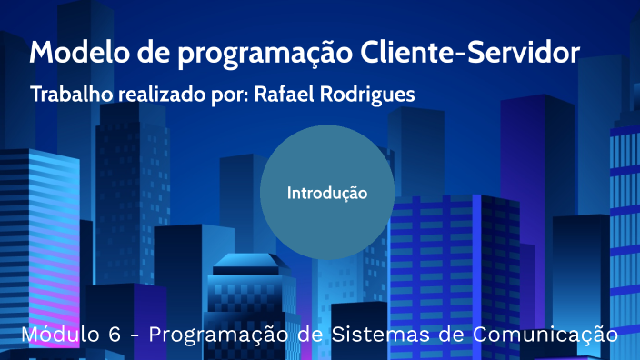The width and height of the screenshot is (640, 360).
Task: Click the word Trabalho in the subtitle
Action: (69, 95)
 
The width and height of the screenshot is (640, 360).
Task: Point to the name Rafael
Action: (282, 95)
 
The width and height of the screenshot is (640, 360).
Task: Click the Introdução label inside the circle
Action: (327, 193)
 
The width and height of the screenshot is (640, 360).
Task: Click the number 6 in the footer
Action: (115, 335)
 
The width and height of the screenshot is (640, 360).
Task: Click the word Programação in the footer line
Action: (224, 335)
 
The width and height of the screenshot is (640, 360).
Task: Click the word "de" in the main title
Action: (144, 53)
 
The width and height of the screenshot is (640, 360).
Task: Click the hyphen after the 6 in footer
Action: (135, 335)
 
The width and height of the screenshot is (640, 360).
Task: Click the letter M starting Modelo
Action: (41, 53)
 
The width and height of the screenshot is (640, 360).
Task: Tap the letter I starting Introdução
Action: (290, 193)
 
